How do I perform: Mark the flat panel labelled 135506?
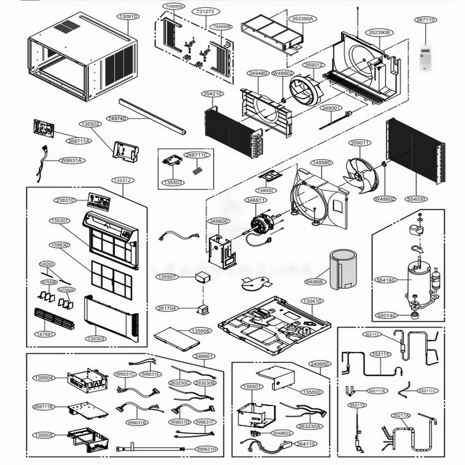(x=176, y=339)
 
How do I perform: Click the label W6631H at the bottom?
(x=206, y=449)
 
